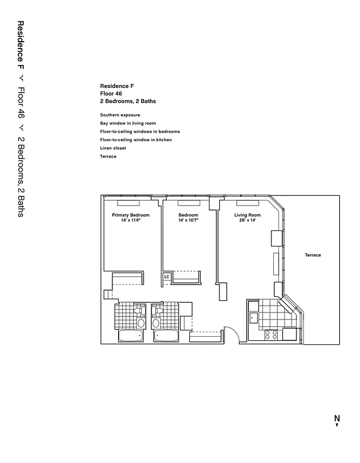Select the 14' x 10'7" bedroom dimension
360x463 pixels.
(x=188, y=221)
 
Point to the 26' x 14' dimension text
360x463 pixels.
(x=247, y=221)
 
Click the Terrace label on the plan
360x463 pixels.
(x=313, y=255)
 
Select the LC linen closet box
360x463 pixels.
(x=167, y=277)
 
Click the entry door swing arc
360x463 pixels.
(x=230, y=334)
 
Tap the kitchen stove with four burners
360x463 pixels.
(x=271, y=334)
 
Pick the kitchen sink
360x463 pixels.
(x=253, y=317)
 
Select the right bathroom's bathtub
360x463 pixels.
(x=166, y=336)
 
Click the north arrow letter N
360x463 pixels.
(x=336, y=418)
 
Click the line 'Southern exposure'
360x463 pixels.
(x=120, y=115)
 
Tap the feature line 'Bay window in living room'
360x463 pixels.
(x=128, y=123)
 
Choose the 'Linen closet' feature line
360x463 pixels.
(x=113, y=148)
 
